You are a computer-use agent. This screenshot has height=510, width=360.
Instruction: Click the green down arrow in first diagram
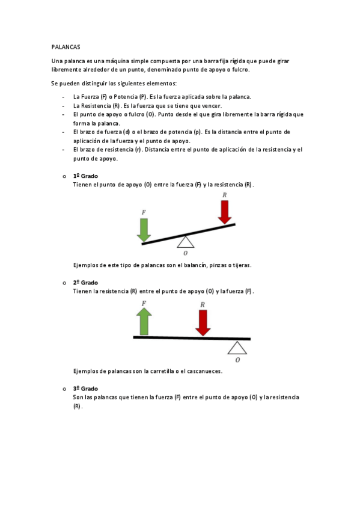point(143,230)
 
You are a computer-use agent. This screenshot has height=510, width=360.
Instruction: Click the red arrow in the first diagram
point(225,212)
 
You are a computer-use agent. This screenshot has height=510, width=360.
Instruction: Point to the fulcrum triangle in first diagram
point(186,241)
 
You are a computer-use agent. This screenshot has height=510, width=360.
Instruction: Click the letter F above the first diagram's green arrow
point(143,212)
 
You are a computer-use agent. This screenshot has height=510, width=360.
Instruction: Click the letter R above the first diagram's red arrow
point(225,195)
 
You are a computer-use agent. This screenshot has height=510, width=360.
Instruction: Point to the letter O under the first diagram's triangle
point(185,253)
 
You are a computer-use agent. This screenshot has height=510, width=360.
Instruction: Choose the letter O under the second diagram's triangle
point(238,360)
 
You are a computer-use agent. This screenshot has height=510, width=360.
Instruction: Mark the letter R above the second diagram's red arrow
point(203,305)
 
